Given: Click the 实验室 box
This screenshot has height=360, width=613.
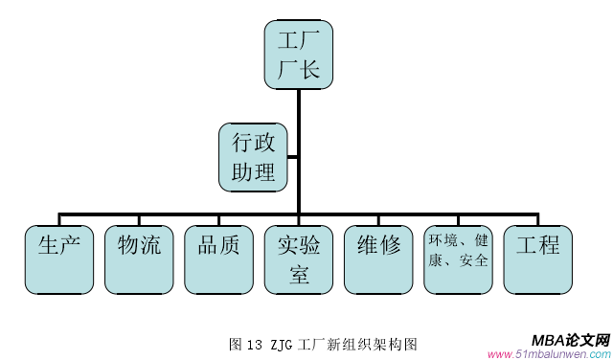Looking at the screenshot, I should tap(298, 259).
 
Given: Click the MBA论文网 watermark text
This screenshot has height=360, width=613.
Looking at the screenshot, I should tap(570, 340).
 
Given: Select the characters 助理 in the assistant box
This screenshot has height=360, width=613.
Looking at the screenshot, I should tap(254, 172).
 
